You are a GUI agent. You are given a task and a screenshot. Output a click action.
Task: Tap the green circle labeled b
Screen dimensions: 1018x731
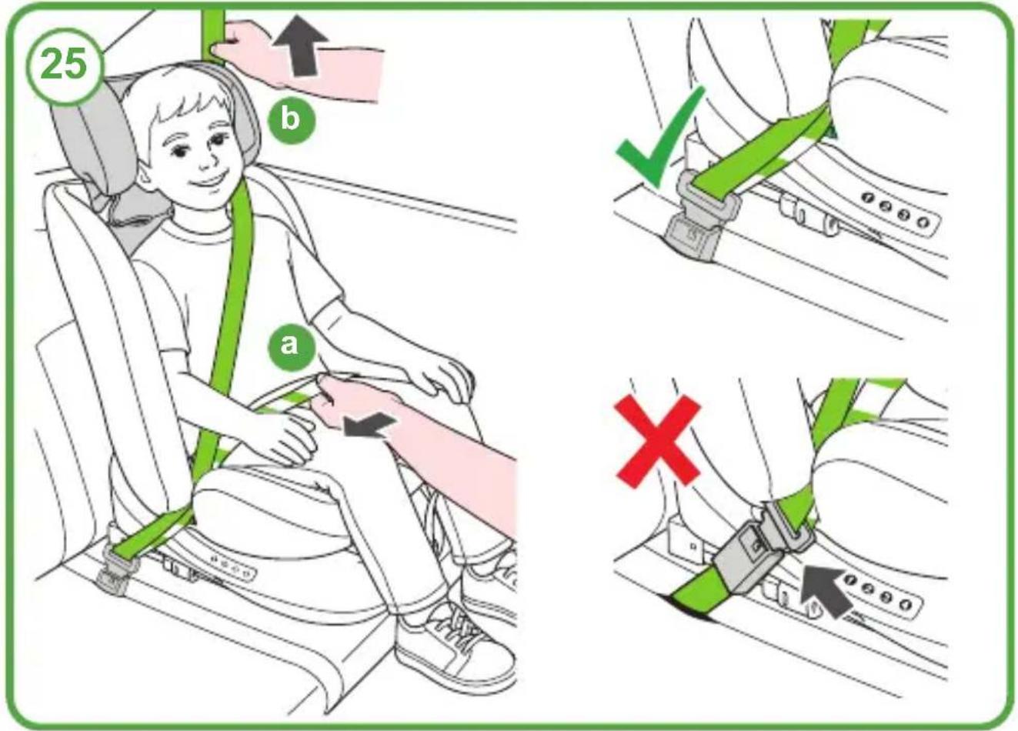coord(291,119)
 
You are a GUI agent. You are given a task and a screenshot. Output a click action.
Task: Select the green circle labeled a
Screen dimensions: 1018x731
coord(290,345)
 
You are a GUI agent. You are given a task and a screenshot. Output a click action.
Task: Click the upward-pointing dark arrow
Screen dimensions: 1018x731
coord(301,45)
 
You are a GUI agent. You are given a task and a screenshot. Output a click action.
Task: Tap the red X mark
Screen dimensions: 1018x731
coord(657,440)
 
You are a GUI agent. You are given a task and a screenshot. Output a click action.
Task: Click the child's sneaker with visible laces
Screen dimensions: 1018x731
coord(456,646)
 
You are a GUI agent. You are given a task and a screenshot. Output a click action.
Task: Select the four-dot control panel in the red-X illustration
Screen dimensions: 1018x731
coord(883,592)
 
